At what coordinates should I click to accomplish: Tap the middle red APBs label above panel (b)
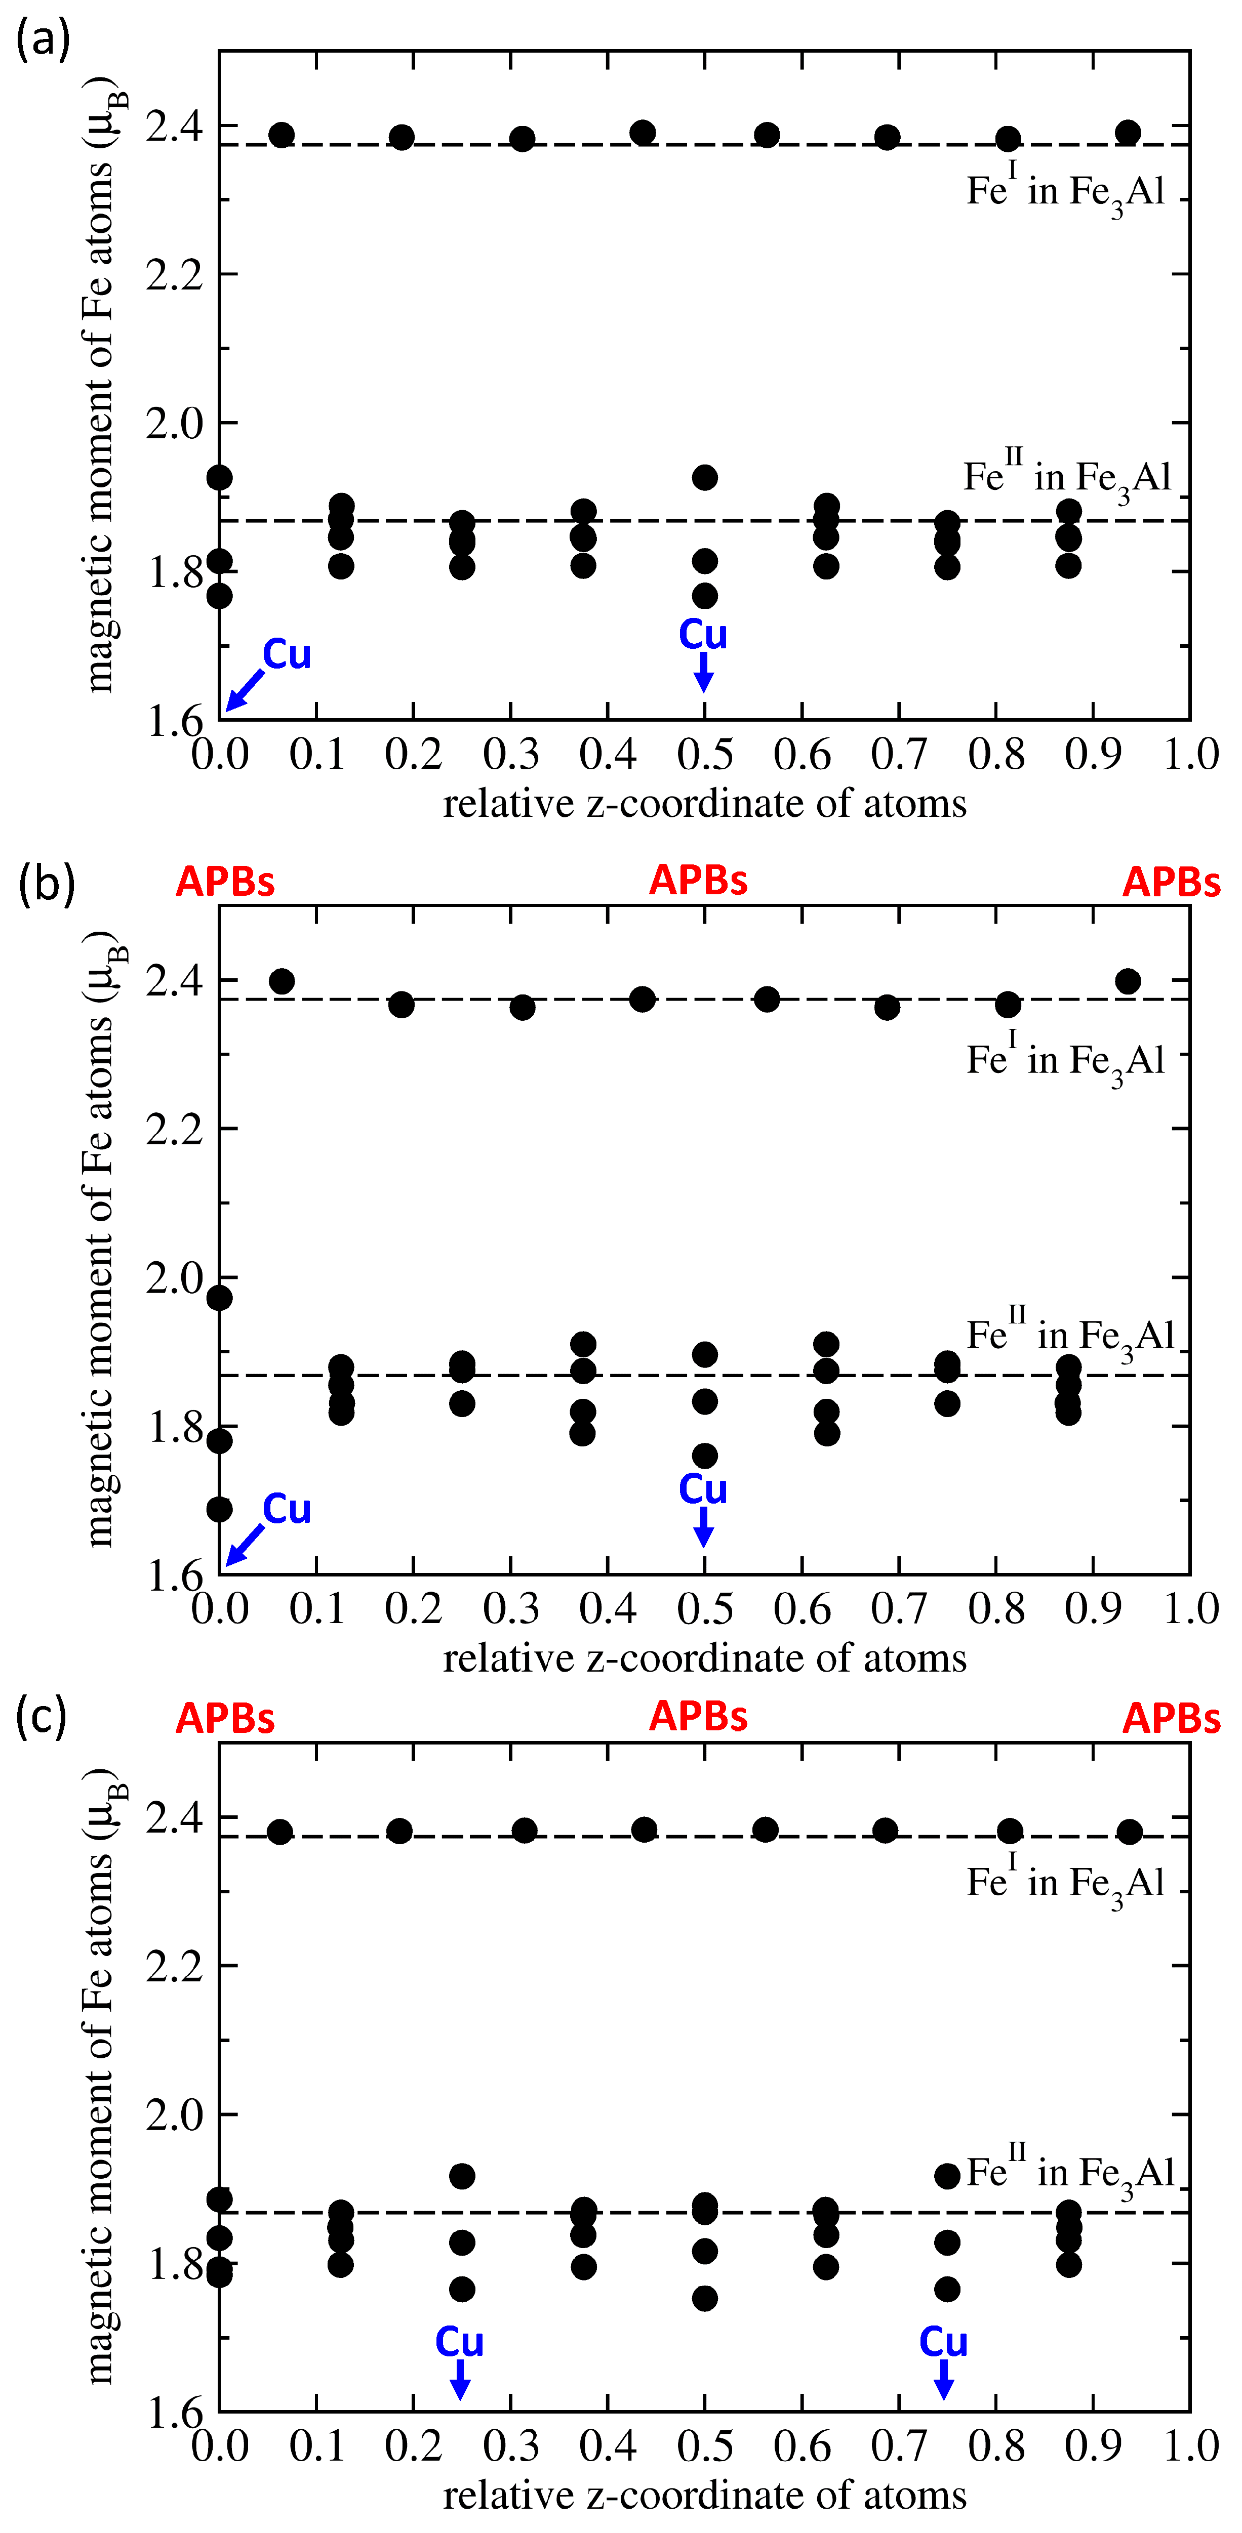click(x=698, y=880)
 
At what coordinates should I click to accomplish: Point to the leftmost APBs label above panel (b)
click(x=225, y=882)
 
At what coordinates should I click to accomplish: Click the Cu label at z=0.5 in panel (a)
click(x=703, y=634)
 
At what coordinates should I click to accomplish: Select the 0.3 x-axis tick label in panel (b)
click(x=510, y=1609)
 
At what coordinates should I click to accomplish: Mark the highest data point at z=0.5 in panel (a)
click(x=704, y=478)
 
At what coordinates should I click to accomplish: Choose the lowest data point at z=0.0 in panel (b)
click(x=219, y=1509)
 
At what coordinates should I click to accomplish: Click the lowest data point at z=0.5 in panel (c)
click(x=704, y=2298)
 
